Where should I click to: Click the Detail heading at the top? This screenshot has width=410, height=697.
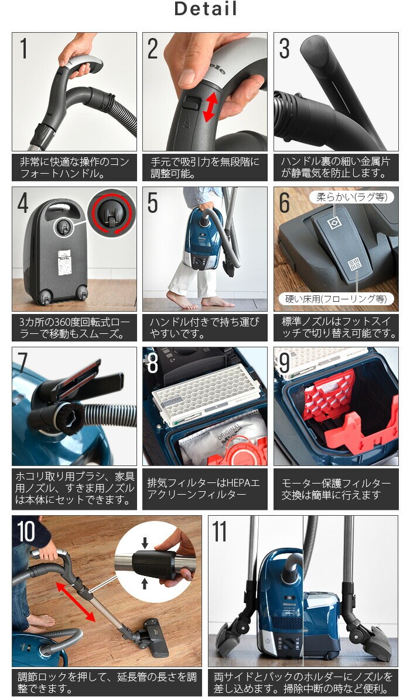pos(205,9)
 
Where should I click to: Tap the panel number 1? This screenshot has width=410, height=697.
pos(24,49)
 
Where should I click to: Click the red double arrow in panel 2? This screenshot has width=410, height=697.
pos(211,108)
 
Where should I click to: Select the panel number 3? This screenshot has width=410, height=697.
pos(285,49)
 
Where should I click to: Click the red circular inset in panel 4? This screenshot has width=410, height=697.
pos(111,212)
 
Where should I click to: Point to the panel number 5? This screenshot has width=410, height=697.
pos(153,203)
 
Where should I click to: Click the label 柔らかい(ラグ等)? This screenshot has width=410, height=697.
pos(351,197)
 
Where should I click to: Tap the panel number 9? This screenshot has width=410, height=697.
pos(285,363)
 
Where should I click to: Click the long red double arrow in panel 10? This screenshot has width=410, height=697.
pos(76,602)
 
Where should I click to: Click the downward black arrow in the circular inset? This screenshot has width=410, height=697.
pos(145,543)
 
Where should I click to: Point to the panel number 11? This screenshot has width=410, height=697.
pos(219,532)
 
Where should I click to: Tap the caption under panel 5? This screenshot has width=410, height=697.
pos(205,328)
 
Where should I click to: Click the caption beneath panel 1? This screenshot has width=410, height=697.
pos(74,168)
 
